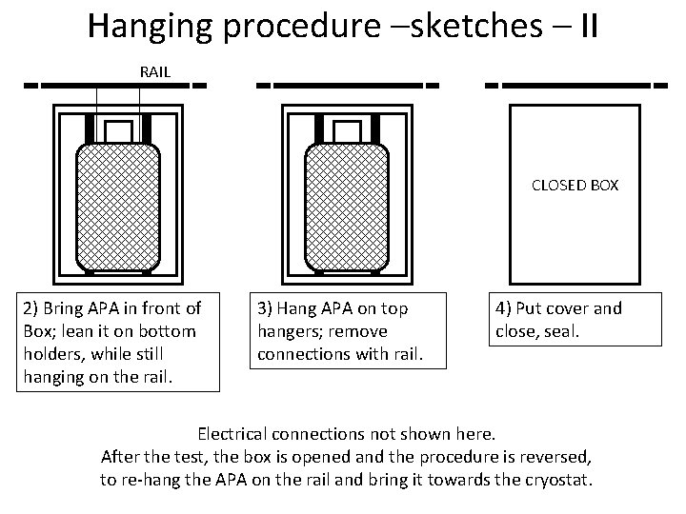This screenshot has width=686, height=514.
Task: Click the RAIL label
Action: pyautogui.click(x=155, y=71)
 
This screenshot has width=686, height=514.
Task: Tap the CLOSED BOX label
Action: pyautogui.click(x=575, y=186)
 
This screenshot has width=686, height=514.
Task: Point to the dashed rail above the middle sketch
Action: pyautogui.click(x=348, y=84)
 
